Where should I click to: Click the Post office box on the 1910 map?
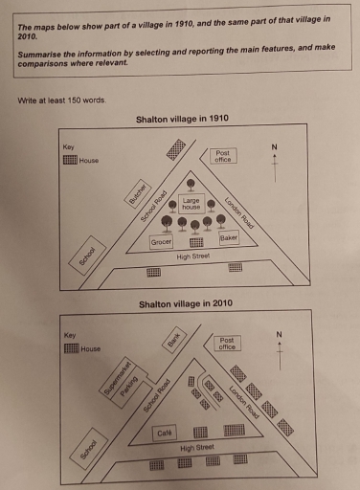point(223,156)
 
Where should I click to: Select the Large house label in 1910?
point(191,203)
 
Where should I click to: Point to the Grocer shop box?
point(161,243)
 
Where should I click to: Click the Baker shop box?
point(228,237)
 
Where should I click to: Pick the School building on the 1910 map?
point(88,256)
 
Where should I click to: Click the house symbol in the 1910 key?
point(69,160)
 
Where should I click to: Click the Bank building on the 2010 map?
point(174,339)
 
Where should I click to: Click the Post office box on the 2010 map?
point(227,344)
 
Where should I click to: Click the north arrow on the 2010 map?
point(279,348)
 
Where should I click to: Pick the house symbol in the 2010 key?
point(71,348)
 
